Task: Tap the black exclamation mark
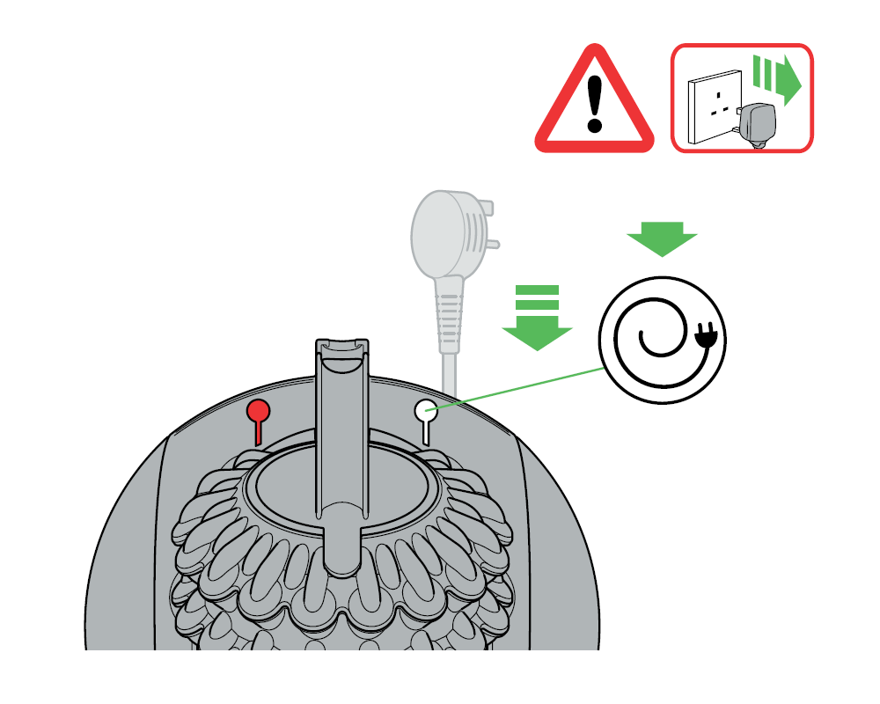tap(596, 102)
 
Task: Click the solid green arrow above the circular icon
tap(662, 238)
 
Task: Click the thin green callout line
tap(519, 388)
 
